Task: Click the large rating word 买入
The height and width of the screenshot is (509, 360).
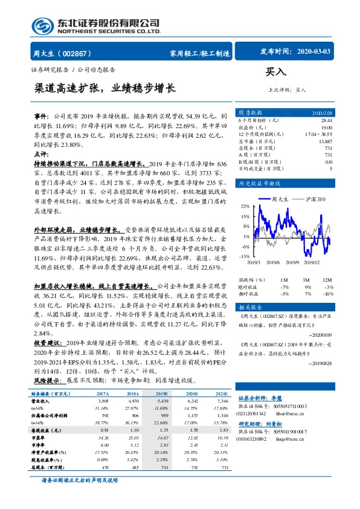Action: [276, 71]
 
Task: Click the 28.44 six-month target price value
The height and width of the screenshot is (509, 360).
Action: [326, 121]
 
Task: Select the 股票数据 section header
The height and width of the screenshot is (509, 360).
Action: [251, 113]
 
